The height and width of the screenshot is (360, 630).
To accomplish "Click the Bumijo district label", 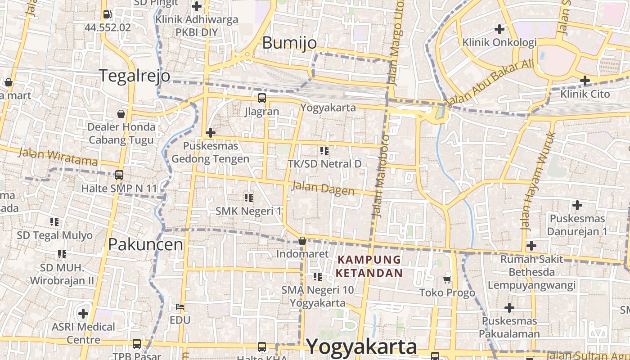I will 289,43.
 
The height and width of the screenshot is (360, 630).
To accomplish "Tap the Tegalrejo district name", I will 135,76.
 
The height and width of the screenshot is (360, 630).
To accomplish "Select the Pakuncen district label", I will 145,244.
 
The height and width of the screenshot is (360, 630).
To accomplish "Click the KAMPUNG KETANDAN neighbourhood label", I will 369,266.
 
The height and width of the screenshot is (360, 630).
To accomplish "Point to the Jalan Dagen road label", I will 323,188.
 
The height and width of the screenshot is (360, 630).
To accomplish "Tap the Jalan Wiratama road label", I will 58,157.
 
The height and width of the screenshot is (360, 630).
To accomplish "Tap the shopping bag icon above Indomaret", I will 302,241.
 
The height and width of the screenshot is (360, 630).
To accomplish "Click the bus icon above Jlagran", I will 261,98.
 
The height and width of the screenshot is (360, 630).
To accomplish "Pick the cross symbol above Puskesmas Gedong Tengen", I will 210,133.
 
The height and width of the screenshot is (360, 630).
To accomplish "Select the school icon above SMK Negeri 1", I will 248,198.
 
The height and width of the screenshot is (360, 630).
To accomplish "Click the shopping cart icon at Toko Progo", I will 447,280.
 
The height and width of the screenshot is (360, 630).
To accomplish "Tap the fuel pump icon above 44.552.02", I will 107,14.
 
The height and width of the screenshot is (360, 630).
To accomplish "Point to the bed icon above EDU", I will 180,307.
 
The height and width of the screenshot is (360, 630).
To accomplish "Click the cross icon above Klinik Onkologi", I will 499,29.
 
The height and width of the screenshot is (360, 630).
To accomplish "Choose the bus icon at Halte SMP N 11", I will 119,175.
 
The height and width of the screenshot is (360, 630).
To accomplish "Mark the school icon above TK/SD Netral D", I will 324,150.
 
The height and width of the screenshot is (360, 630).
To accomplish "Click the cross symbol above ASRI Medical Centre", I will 83,313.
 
